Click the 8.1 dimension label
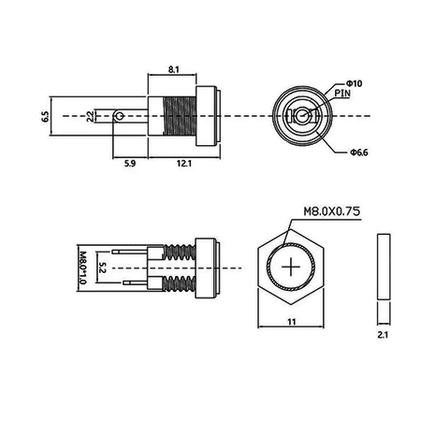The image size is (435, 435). point(174,69)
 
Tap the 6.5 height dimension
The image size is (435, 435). point(46,116)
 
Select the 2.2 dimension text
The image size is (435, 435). point(90,116)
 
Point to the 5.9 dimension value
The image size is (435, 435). point(130,163)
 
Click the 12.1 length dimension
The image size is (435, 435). point(184,163)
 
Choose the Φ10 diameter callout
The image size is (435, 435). point(354,83)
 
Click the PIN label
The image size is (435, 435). point(342,93)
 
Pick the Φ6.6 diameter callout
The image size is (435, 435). point(359,152)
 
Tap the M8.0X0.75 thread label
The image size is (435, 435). point(332,211)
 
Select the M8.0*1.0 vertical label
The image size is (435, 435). point(82,268)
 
